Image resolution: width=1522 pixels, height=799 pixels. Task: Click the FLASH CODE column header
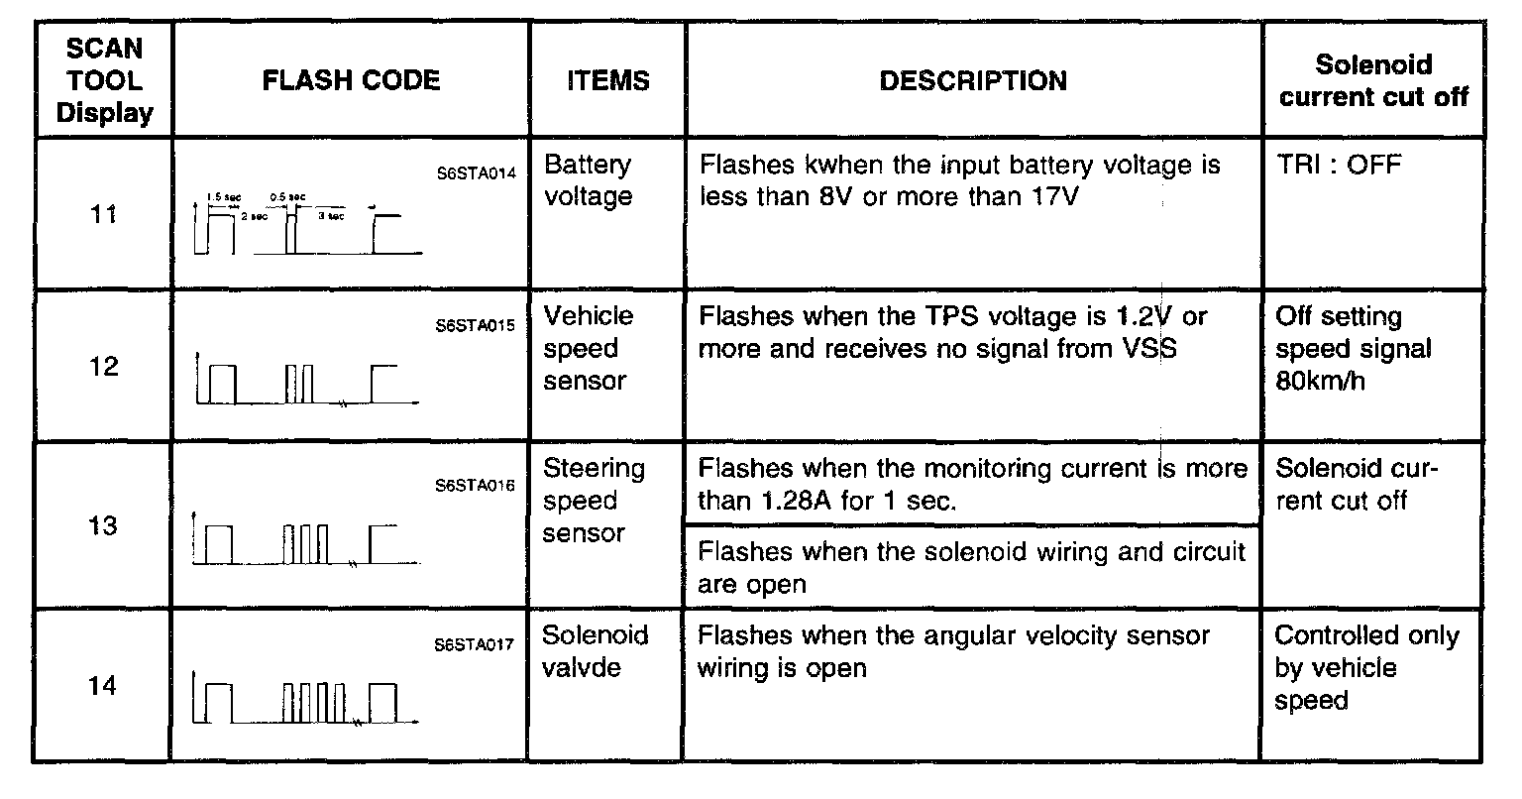pyautogui.click(x=351, y=80)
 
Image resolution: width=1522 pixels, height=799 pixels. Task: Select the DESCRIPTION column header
pyautogui.click(x=973, y=80)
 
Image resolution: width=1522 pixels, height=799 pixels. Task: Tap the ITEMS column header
pyautogui.click(x=607, y=80)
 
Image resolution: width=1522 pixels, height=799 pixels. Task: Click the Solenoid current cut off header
pyautogui.click(x=1373, y=80)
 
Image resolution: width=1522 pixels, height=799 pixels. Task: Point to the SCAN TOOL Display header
pyautogui.click(x=104, y=80)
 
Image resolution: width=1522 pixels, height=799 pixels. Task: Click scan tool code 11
pyautogui.click(x=104, y=214)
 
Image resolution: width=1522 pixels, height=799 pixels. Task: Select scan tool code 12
pyautogui.click(x=104, y=367)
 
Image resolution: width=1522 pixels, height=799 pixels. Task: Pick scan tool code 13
pyautogui.click(x=104, y=525)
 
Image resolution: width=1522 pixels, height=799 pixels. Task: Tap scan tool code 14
pyautogui.click(x=104, y=686)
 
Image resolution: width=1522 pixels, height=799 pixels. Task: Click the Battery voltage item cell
pyautogui.click(x=589, y=180)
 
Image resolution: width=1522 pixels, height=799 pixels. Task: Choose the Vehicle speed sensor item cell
pyautogui.click(x=589, y=348)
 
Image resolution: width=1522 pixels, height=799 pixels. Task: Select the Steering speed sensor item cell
pyautogui.click(x=594, y=501)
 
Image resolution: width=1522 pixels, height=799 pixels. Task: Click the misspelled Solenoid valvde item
pyautogui.click(x=596, y=651)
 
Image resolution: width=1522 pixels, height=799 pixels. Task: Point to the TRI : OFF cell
pyautogui.click(x=1339, y=165)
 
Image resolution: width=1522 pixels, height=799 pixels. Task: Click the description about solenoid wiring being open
pyautogui.click(x=971, y=567)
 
